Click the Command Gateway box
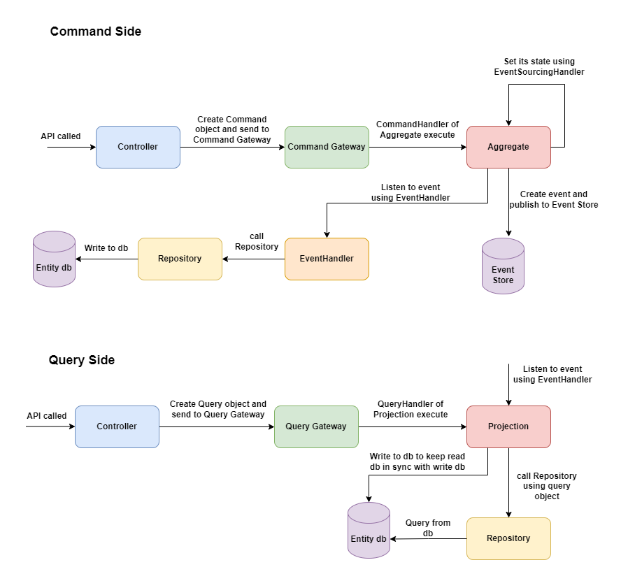coord(327,147)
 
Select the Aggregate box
coord(508,147)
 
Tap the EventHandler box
coord(327,259)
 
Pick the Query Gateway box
coord(316,426)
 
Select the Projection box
coord(508,426)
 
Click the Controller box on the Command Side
coord(138,147)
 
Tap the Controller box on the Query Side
coord(117,426)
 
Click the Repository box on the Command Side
coord(180,259)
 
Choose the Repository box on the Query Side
coord(508,538)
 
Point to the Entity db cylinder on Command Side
coord(54,259)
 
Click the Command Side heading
coord(96,31)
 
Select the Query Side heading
coord(82,360)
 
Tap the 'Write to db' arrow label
coord(106,248)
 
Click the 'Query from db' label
coord(428,528)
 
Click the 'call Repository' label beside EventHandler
coord(257,241)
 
